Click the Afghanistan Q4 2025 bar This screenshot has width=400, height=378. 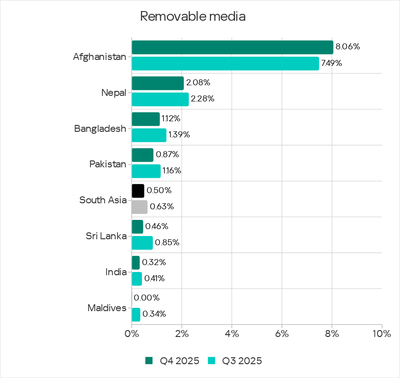(x=232, y=47)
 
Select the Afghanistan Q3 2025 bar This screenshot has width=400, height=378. (x=225, y=64)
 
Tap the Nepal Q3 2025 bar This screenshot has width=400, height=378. (x=160, y=99)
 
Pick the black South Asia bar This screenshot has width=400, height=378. (x=138, y=191)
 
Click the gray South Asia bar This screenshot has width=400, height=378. (x=140, y=207)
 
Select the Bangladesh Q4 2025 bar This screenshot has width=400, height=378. (x=146, y=119)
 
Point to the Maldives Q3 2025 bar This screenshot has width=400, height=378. (x=136, y=315)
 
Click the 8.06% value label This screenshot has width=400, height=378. (x=347, y=47)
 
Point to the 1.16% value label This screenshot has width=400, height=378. (x=171, y=171)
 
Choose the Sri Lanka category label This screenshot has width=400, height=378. (x=106, y=236)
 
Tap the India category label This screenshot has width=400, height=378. (x=116, y=272)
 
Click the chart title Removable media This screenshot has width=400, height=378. (x=193, y=17)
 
